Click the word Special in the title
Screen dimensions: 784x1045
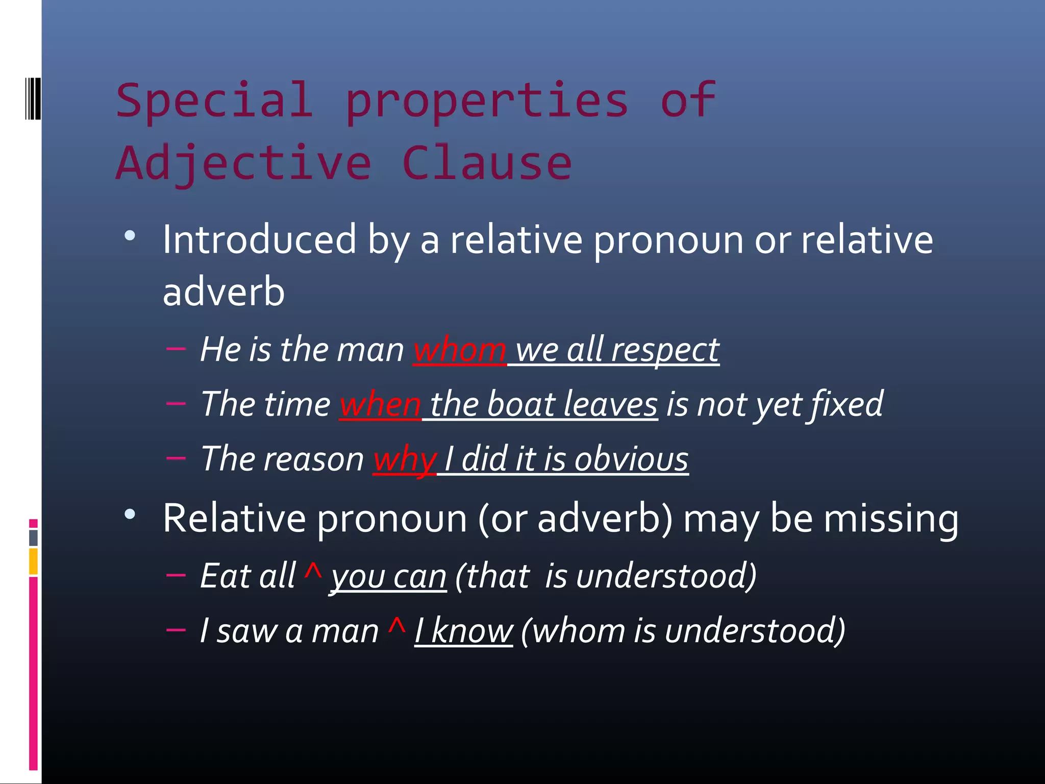[x=214, y=101]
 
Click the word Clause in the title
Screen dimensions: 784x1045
[x=487, y=163]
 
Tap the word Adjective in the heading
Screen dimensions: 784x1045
[x=244, y=163]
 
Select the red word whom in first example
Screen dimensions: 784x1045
[x=459, y=351]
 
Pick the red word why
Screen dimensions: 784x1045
[x=405, y=459]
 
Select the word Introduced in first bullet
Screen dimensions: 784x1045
[x=259, y=240]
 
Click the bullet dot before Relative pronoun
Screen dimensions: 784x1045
[x=130, y=514]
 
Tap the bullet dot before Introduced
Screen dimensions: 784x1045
[x=130, y=236]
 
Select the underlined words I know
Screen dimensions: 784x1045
[x=463, y=631]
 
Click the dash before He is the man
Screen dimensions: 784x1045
[x=176, y=349]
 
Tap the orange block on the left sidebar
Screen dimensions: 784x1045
[x=33, y=561]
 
